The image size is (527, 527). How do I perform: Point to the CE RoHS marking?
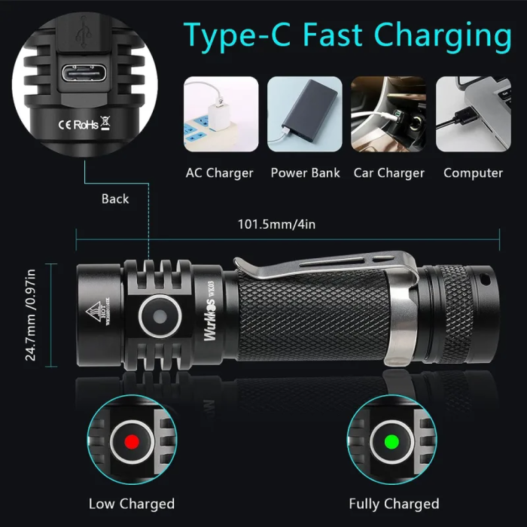[81, 125]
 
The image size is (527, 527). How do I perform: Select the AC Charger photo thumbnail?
[221, 114]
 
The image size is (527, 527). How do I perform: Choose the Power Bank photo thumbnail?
[305, 114]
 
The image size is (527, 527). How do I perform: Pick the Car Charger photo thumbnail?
[388, 114]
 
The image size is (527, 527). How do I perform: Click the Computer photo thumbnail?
[473, 114]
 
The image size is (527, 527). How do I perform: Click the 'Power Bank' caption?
[305, 173]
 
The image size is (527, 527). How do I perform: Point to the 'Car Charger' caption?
[388, 173]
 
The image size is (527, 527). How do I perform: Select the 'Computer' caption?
[473, 173]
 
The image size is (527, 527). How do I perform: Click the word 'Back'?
[115, 200]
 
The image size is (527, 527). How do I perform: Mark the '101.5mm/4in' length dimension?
[267, 224]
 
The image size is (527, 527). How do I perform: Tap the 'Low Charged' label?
[132, 504]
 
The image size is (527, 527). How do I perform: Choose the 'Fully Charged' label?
[394, 504]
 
